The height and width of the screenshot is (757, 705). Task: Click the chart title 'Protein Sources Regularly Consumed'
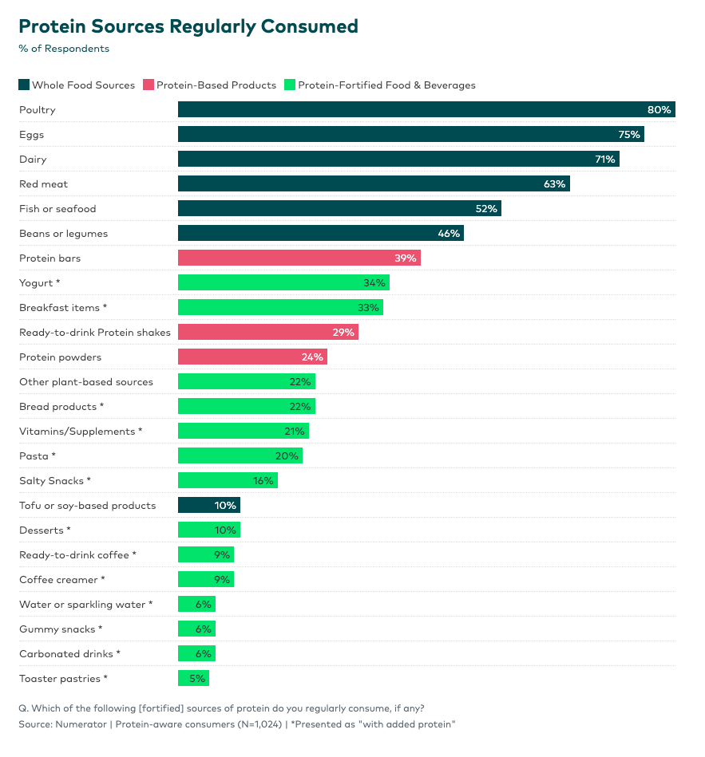(x=188, y=26)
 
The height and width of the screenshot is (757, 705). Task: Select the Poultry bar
(x=426, y=109)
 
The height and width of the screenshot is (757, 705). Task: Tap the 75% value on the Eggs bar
(x=629, y=135)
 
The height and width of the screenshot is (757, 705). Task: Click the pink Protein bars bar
(x=299, y=258)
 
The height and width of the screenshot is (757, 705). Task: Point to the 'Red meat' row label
(x=44, y=184)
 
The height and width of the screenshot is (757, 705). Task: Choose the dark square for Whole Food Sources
(x=24, y=85)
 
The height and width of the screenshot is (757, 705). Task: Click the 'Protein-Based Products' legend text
(x=216, y=85)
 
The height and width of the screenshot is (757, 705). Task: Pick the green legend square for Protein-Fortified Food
(x=290, y=85)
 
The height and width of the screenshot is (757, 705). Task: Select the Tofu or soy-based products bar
(x=208, y=506)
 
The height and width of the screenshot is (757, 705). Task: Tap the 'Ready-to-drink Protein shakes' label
(x=95, y=333)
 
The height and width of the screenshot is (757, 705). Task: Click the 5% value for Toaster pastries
(x=197, y=679)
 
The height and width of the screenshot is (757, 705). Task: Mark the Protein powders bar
(x=252, y=357)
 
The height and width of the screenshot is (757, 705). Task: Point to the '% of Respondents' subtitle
(x=64, y=49)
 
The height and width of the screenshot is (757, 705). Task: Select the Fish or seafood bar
(x=339, y=209)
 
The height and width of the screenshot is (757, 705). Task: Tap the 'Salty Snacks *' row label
(x=55, y=481)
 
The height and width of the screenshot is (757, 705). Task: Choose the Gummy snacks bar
(x=196, y=629)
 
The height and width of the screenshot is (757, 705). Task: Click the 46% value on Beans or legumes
(x=449, y=234)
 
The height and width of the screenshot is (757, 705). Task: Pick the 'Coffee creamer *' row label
(x=61, y=580)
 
